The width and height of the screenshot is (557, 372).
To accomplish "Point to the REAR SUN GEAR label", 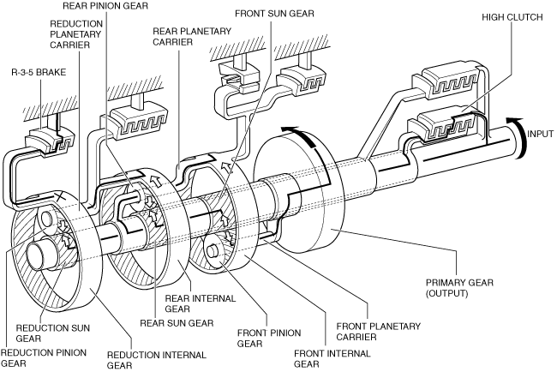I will [x=183, y=323].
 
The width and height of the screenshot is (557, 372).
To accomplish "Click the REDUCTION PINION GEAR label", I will [x=33, y=357].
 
